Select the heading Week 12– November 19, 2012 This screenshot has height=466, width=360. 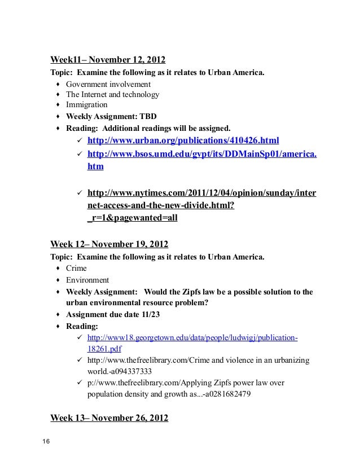point(110,244)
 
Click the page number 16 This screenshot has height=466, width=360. point(46,441)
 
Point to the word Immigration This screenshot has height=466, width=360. point(86,105)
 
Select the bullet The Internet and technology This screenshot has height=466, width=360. point(112,95)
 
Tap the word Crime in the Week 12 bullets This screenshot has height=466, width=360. point(76,269)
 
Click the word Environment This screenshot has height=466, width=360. point(87,280)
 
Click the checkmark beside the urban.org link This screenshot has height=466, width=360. point(80,140)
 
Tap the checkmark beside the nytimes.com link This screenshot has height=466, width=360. point(80,194)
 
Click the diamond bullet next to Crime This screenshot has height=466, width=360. point(58,269)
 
